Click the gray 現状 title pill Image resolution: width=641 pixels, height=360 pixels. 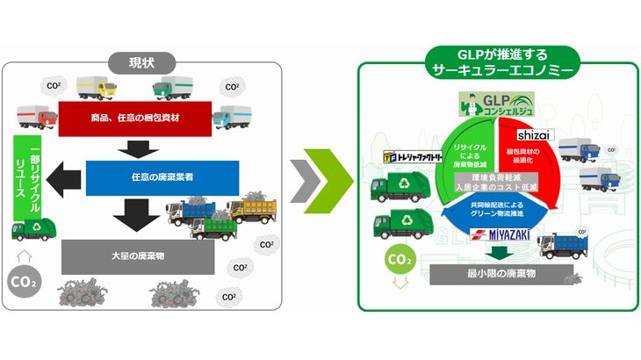coord(143,63)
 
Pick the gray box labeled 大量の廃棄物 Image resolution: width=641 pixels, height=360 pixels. coord(138,256)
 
